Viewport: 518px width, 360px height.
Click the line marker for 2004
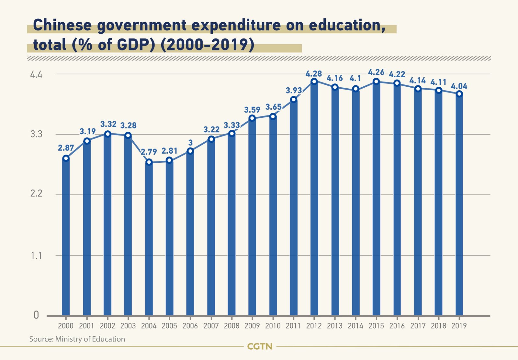pos(149,162)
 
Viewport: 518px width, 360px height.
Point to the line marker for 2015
pos(376,82)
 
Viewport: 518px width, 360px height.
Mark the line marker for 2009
pos(252,118)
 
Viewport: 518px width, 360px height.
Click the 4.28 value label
pos(314,73)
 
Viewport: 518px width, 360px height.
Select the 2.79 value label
pos(149,152)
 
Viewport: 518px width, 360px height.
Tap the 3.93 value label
pos(294,91)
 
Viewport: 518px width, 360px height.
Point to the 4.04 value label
pos(459,86)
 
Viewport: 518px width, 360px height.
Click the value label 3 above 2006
pos(190,143)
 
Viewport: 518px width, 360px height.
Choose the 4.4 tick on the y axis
pos(36,75)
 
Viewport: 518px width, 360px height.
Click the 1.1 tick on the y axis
pos(36,256)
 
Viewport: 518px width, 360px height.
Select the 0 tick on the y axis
pos(36,315)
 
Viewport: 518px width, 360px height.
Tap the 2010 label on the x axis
pos(273,326)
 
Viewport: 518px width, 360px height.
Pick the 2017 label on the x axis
pos(418,326)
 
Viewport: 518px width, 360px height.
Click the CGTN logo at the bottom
pos(260,346)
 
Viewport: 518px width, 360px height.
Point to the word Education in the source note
pos(108,339)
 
